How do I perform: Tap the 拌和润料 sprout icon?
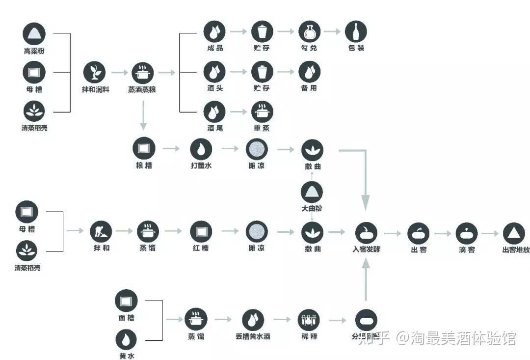coord(94,73)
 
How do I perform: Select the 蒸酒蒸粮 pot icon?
coord(142,73)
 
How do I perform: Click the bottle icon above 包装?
coord(356,32)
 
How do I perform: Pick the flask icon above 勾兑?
coord(309,32)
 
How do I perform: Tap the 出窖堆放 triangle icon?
coord(514,233)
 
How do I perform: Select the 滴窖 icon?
coord(466,233)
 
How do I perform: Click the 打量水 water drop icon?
coord(201,148)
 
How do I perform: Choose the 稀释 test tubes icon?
coord(309,321)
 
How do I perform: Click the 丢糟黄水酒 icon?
coord(253,321)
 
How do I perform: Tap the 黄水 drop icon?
coord(126,340)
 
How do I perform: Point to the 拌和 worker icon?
coord(101,231)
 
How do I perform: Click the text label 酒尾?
coord(214,128)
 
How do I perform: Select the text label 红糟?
coord(201,248)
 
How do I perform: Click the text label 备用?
coord(309,88)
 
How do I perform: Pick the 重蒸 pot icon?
coord(262,112)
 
